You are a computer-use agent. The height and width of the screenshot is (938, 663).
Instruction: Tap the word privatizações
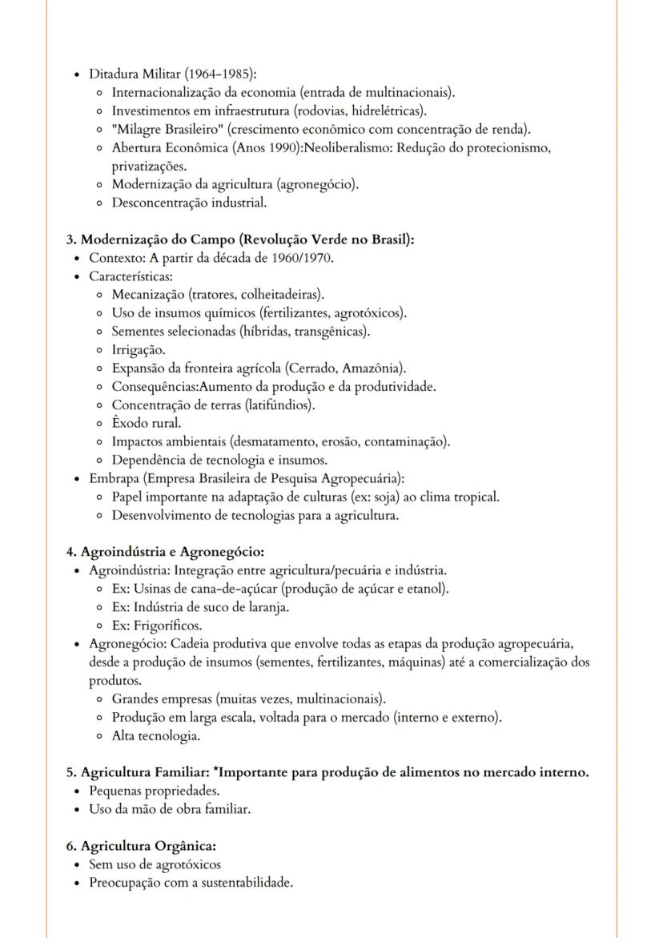pyautogui.click(x=149, y=166)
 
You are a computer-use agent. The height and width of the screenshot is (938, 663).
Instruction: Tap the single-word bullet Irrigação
pyautogui.click(x=139, y=350)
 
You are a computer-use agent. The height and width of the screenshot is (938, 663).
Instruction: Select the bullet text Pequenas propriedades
pyautogui.click(x=154, y=791)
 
